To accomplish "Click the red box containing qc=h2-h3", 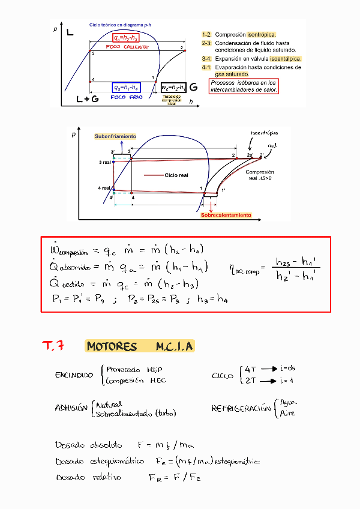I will (126, 38).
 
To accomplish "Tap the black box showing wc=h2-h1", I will (173, 87).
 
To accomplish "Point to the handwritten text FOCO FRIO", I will (127, 97).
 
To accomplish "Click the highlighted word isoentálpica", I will (285, 59).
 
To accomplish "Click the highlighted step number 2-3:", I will (206, 43).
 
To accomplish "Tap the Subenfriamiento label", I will (115, 137).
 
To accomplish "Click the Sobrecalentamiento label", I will (226, 215).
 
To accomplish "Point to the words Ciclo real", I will (176, 176).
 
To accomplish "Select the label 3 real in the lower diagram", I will (106, 163).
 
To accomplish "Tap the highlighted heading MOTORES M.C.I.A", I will (140, 347).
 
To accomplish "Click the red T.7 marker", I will (54, 346).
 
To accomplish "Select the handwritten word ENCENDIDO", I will (74, 375).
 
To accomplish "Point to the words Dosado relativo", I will (88, 478).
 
